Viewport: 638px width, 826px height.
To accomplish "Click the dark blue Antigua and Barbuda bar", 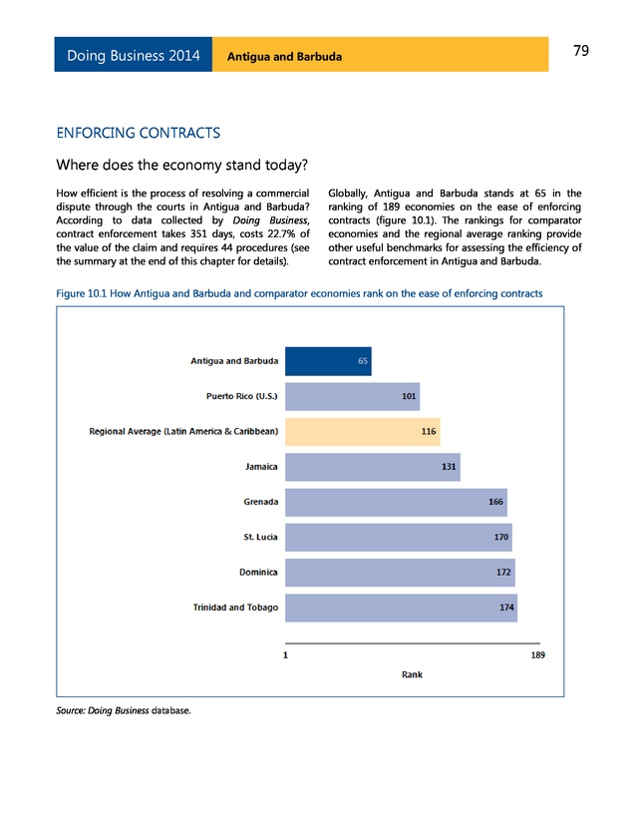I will tap(328, 361).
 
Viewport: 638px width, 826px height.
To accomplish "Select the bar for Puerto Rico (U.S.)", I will tap(352, 396).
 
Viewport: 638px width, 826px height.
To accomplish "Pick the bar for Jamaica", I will tap(372, 466).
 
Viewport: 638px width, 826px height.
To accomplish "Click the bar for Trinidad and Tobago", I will tap(401, 607).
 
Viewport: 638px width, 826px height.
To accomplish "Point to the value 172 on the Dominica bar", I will tap(503, 573).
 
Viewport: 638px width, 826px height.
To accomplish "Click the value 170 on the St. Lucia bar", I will tap(501, 538).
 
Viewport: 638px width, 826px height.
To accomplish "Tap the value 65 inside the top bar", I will tap(364, 361).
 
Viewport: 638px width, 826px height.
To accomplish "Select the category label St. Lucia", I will tap(260, 538).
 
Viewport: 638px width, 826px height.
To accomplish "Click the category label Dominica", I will tap(258, 573).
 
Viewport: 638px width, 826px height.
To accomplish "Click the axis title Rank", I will tap(412, 674).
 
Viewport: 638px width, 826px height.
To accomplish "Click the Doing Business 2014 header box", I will tap(134, 56).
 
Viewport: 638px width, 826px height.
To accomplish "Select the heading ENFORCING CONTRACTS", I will tap(139, 133).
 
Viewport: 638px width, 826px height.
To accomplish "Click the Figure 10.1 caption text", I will tap(299, 293).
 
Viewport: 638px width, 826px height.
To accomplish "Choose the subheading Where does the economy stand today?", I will tap(182, 164).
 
